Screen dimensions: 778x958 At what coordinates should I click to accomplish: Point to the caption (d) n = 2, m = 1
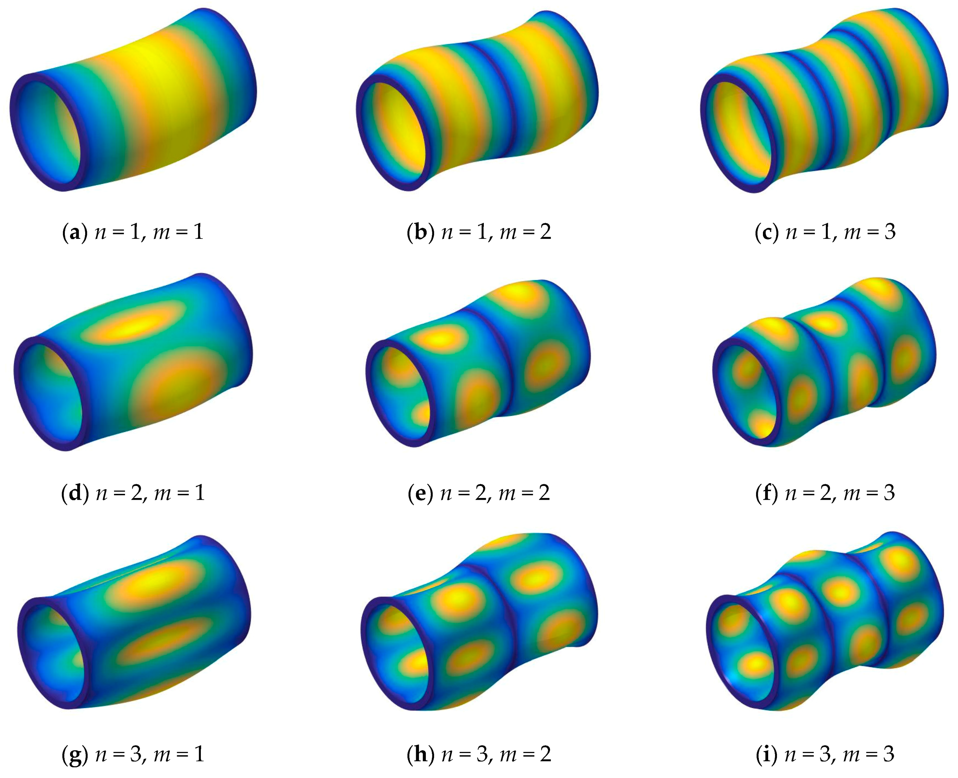(x=133, y=493)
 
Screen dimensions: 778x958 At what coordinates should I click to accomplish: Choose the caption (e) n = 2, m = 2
(x=479, y=493)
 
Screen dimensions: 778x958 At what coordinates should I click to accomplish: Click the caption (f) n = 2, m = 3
(x=825, y=493)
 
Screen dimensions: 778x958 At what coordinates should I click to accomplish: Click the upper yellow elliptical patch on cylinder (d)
(x=135, y=325)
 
